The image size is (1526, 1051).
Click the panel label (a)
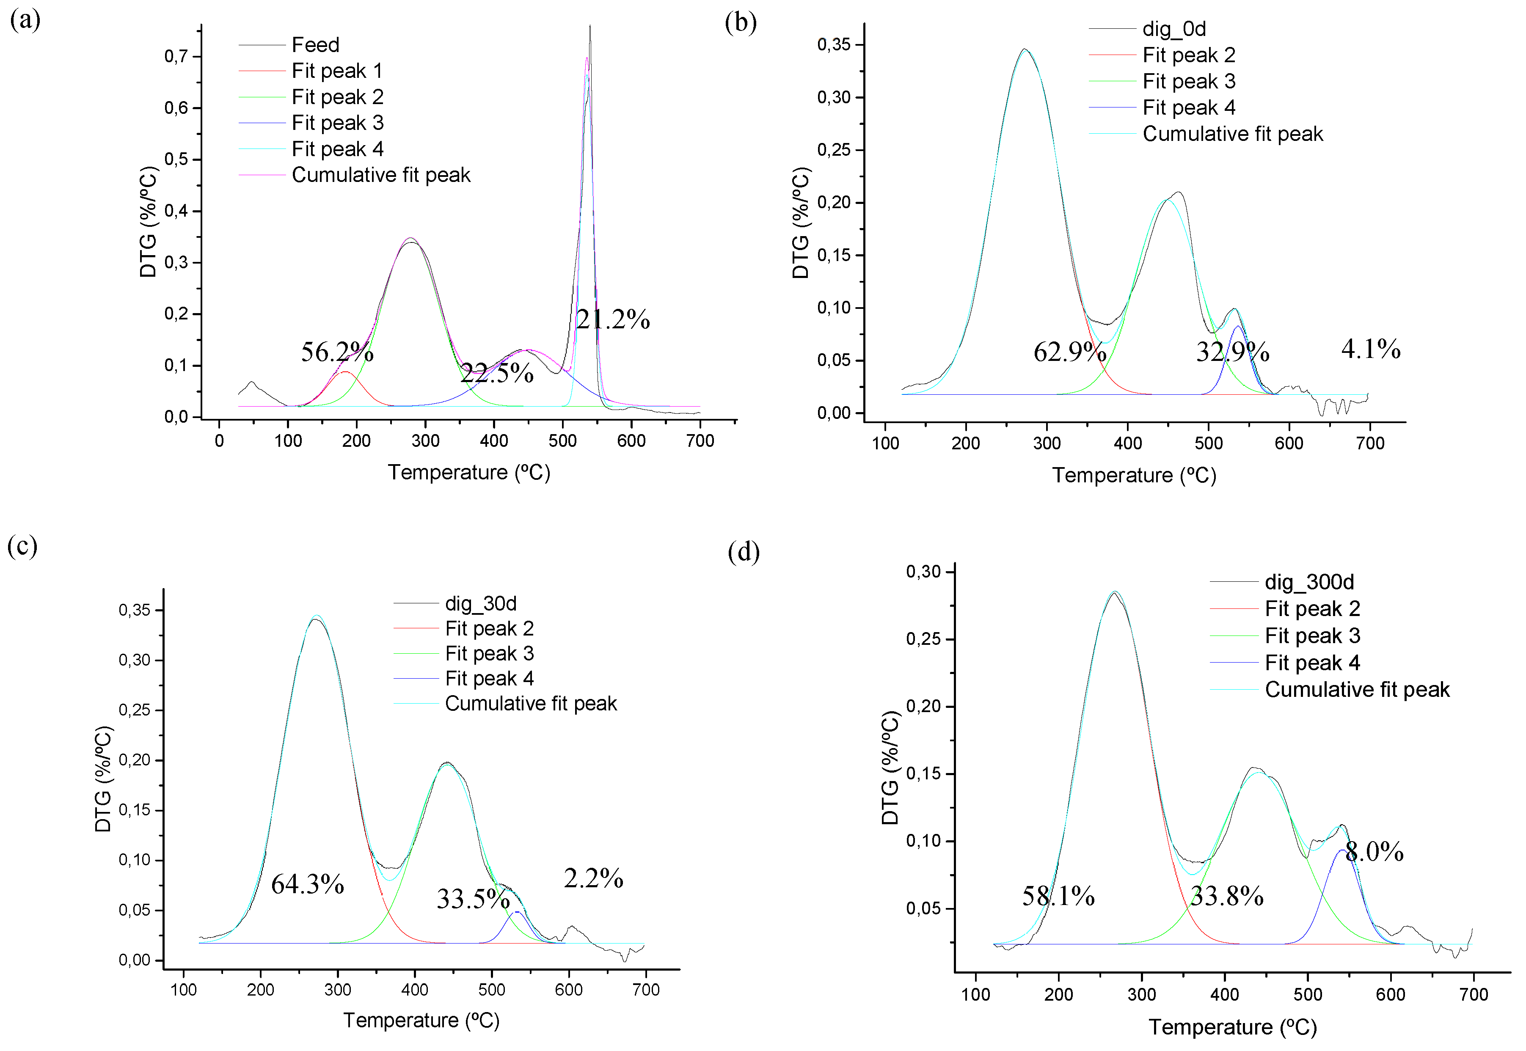click(x=25, y=20)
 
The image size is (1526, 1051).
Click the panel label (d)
click(x=744, y=552)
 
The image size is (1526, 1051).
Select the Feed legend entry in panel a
click(x=315, y=45)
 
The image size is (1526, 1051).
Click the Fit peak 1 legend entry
click(x=336, y=71)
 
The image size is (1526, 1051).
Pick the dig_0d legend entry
click(x=1173, y=29)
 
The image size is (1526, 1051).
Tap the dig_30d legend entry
click(x=480, y=603)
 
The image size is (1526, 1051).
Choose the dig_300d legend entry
click(x=1308, y=582)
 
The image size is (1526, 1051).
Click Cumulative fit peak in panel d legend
click(x=1357, y=690)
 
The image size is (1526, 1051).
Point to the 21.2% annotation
click(x=612, y=319)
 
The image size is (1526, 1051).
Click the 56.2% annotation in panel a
click(x=337, y=352)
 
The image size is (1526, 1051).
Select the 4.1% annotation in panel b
click(x=1371, y=349)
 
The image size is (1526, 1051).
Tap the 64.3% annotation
click(x=308, y=884)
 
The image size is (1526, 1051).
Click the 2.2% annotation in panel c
click(x=593, y=878)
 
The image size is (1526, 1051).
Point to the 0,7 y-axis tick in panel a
click(x=176, y=57)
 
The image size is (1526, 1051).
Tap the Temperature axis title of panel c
click(x=421, y=1021)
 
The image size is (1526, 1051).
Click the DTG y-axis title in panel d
click(x=890, y=767)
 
